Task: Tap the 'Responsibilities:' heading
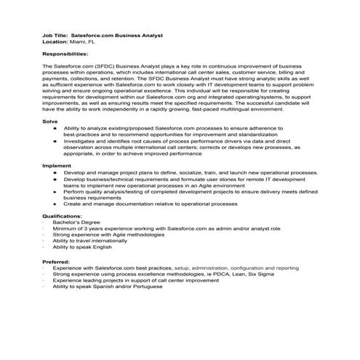66,53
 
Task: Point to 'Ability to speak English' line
84,247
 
